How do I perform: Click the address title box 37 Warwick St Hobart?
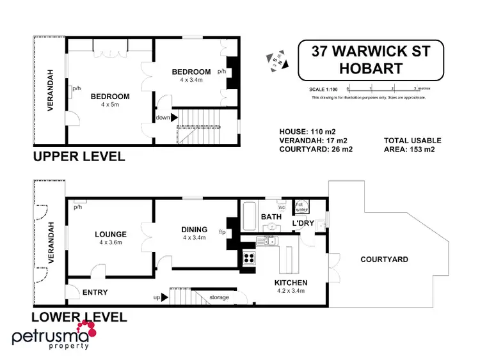tap(371, 59)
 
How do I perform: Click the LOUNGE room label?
tap(109, 234)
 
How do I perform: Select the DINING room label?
tap(194, 230)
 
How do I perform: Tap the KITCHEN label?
tap(291, 283)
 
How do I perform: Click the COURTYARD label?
tap(384, 260)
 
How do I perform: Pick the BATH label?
tap(271, 217)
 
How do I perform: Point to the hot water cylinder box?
tap(300, 207)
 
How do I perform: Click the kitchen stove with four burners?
tap(248, 259)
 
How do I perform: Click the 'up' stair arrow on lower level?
tap(164, 297)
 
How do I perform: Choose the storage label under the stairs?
tap(220, 297)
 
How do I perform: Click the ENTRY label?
tap(95, 293)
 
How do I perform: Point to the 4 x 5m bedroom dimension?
tap(109, 105)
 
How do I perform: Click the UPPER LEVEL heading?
tap(78, 157)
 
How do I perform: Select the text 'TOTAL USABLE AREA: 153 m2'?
tap(412, 145)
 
